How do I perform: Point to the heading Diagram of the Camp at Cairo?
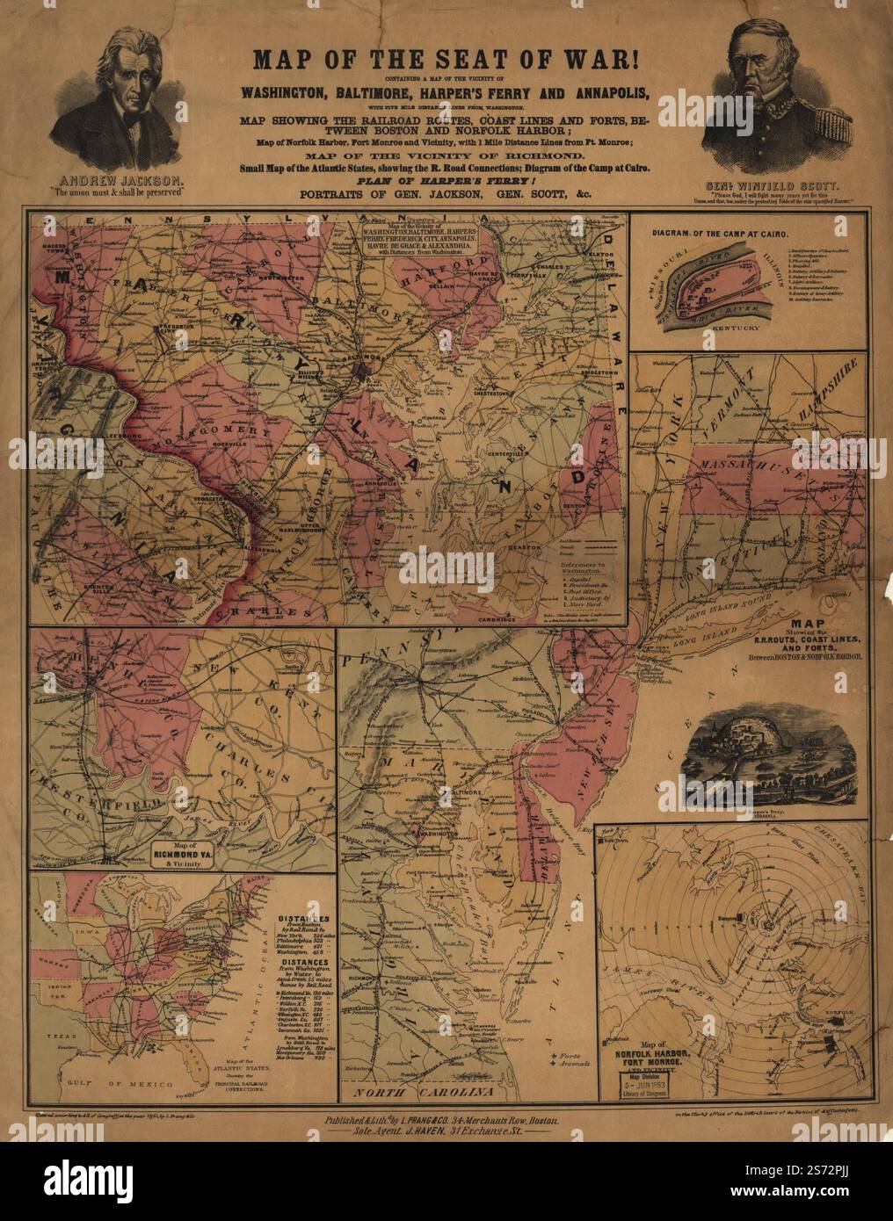(x=720, y=235)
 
